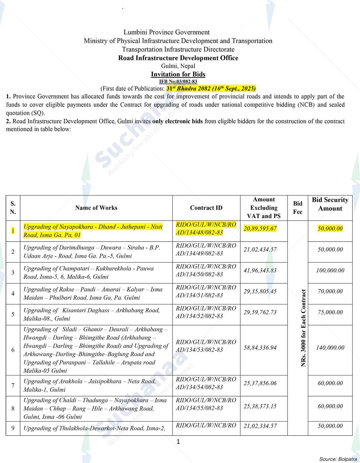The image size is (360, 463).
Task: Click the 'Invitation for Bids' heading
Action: [178, 74]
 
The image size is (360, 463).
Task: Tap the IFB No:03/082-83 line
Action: [178, 81]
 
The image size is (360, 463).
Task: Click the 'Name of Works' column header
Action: [96, 208]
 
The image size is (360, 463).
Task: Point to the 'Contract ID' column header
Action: [206, 208]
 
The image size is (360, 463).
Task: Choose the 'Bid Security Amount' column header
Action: [330, 204]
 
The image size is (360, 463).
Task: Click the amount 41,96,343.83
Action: [260, 270]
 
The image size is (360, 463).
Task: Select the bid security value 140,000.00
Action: [330, 347]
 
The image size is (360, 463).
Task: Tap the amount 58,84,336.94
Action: [260, 347]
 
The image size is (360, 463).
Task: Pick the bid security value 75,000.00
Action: [330, 312]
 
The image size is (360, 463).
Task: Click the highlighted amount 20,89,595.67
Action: [260, 228]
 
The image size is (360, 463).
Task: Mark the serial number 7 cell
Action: [13, 385]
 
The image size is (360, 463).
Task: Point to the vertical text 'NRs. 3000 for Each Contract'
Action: [303, 328]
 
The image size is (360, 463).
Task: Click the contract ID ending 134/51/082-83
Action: [206, 291]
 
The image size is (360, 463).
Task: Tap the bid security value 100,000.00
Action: [330, 270]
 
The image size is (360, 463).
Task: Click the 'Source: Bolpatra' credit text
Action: [338, 459]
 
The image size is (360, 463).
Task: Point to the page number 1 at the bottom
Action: [178, 441]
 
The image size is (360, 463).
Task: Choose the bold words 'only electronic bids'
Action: [177, 121]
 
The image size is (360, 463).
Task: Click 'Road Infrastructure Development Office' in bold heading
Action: [178, 58]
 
